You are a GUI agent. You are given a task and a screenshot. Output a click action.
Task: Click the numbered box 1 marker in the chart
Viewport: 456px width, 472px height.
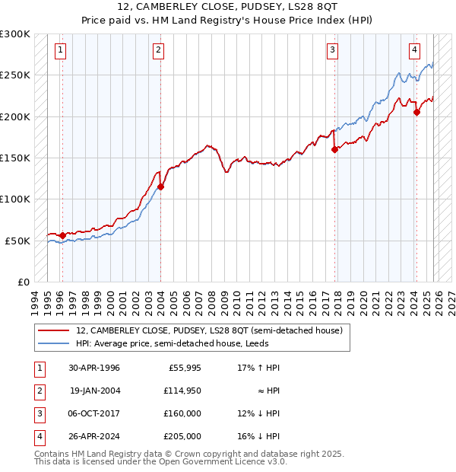[60, 51]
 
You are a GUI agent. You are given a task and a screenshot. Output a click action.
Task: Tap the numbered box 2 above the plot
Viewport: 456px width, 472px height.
[158, 51]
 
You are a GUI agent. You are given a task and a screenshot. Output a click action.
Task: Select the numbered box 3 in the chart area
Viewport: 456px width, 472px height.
[333, 51]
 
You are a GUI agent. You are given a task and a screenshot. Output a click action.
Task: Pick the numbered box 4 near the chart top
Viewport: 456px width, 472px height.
[414, 51]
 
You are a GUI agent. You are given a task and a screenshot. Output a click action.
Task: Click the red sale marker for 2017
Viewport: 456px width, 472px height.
[334, 150]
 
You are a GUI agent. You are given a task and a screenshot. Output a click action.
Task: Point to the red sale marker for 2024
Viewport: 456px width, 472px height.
[416, 113]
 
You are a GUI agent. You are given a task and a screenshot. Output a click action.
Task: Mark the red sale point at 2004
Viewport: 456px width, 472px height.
[160, 187]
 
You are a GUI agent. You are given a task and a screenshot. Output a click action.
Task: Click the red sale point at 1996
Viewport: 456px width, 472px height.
[62, 235]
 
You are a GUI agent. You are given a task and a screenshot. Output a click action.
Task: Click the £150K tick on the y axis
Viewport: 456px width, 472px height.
[16, 158]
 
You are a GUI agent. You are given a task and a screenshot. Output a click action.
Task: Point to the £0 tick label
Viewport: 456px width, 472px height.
[24, 282]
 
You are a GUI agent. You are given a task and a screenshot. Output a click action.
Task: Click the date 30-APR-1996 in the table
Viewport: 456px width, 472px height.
[94, 368]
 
